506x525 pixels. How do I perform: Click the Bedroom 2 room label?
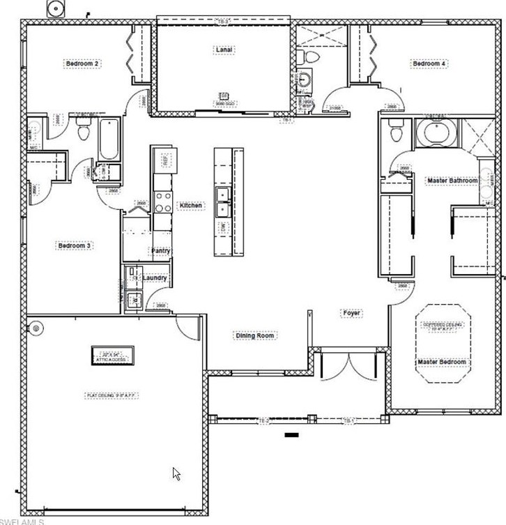point(83,63)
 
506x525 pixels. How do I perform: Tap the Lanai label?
point(224,50)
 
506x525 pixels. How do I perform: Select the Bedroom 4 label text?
point(429,63)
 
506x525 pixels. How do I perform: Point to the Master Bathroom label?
point(452,181)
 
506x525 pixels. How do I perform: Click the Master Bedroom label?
point(442,362)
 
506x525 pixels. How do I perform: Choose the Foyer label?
point(351,313)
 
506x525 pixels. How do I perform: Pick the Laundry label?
point(154,278)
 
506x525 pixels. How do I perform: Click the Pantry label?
point(161,251)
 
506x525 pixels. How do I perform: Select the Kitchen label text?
point(191,206)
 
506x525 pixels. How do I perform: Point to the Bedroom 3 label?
point(75,245)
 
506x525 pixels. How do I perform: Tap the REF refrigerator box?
point(164,160)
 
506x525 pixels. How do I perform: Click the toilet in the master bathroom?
point(397,130)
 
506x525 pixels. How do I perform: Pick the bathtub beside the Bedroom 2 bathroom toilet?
point(109,139)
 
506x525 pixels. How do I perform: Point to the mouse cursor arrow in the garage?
point(176,473)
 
